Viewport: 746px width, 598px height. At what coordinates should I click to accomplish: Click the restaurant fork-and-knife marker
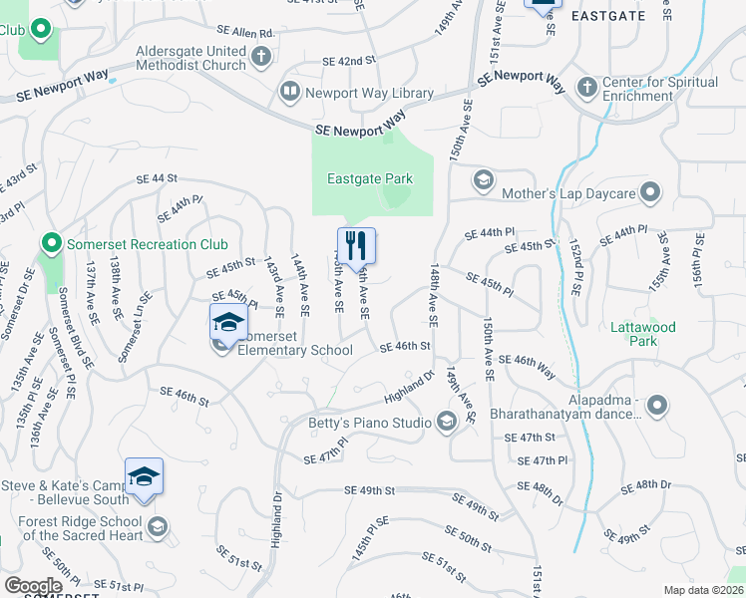(x=356, y=244)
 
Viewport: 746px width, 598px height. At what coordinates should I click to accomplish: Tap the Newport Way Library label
(x=369, y=94)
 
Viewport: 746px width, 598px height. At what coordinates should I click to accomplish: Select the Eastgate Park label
(x=370, y=179)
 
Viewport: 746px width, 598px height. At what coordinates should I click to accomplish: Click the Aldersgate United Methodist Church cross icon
(x=260, y=56)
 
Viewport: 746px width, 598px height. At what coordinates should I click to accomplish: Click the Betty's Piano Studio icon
(x=446, y=423)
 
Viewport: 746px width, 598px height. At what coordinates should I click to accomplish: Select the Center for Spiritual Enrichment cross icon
(x=586, y=87)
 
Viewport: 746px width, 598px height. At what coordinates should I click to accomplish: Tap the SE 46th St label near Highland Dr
(x=405, y=346)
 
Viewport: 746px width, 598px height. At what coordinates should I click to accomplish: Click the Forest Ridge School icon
(x=157, y=526)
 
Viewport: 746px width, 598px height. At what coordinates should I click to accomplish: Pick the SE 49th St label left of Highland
(x=371, y=490)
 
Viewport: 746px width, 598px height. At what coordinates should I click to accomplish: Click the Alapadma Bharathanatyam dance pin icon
(x=657, y=405)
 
